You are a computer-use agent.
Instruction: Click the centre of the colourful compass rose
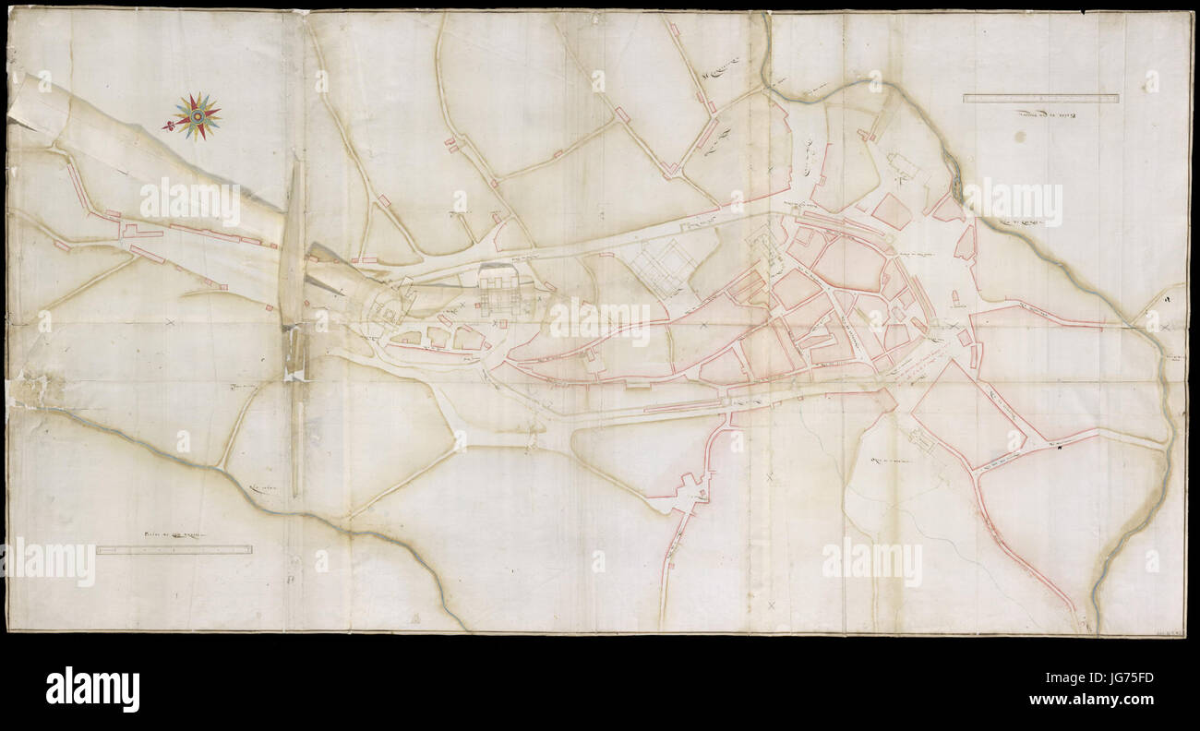(x=196, y=116)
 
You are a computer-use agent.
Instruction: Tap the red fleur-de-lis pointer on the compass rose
(x=168, y=125)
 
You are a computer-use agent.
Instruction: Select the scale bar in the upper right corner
(x=1040, y=98)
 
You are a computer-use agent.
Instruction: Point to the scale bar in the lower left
(x=174, y=550)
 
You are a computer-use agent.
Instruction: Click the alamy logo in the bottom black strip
(x=92, y=689)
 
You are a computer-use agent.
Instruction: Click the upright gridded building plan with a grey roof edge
(x=503, y=290)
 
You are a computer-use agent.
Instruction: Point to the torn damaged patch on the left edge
(x=20, y=388)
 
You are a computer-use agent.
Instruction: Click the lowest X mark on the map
(x=772, y=605)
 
